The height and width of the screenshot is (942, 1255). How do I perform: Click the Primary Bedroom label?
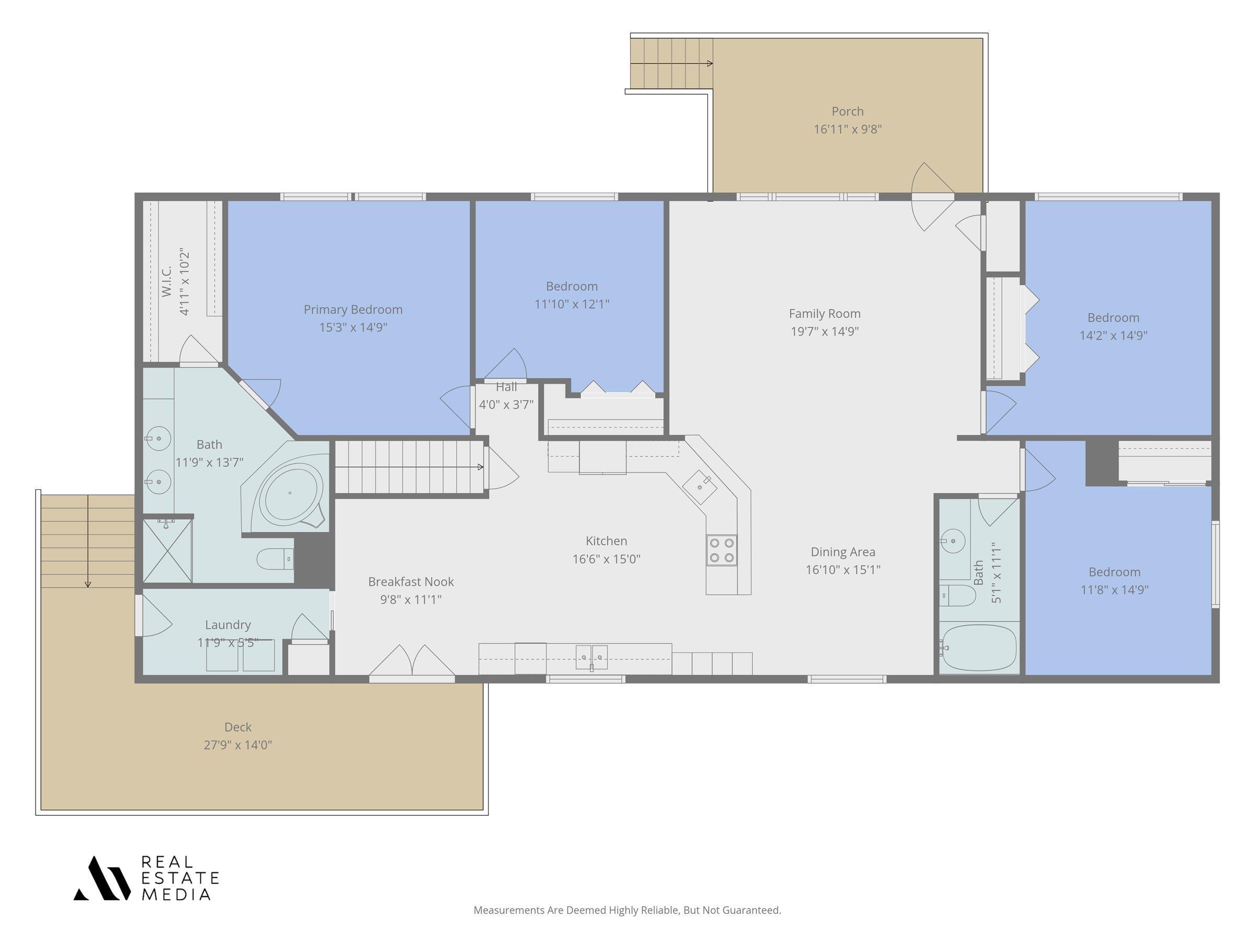pos(353,309)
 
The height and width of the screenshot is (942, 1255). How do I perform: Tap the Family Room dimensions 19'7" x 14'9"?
pos(825,331)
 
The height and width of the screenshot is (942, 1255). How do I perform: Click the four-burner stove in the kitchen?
pos(722,550)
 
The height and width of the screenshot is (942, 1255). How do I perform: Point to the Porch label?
pos(848,111)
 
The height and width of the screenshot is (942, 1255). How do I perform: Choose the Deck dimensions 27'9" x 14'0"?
pos(238,744)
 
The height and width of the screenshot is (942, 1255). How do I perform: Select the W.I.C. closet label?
pos(166,282)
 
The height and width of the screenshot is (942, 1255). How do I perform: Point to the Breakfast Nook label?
pos(411,581)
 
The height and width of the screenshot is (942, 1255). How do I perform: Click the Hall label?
pos(506,387)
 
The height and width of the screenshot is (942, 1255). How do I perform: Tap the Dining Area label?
pos(842,552)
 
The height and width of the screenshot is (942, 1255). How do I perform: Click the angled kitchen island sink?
pos(700,487)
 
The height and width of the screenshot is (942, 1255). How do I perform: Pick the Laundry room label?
pos(227,624)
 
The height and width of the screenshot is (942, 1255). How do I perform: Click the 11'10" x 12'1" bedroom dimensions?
pos(572,304)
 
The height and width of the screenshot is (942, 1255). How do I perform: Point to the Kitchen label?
pos(606,541)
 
